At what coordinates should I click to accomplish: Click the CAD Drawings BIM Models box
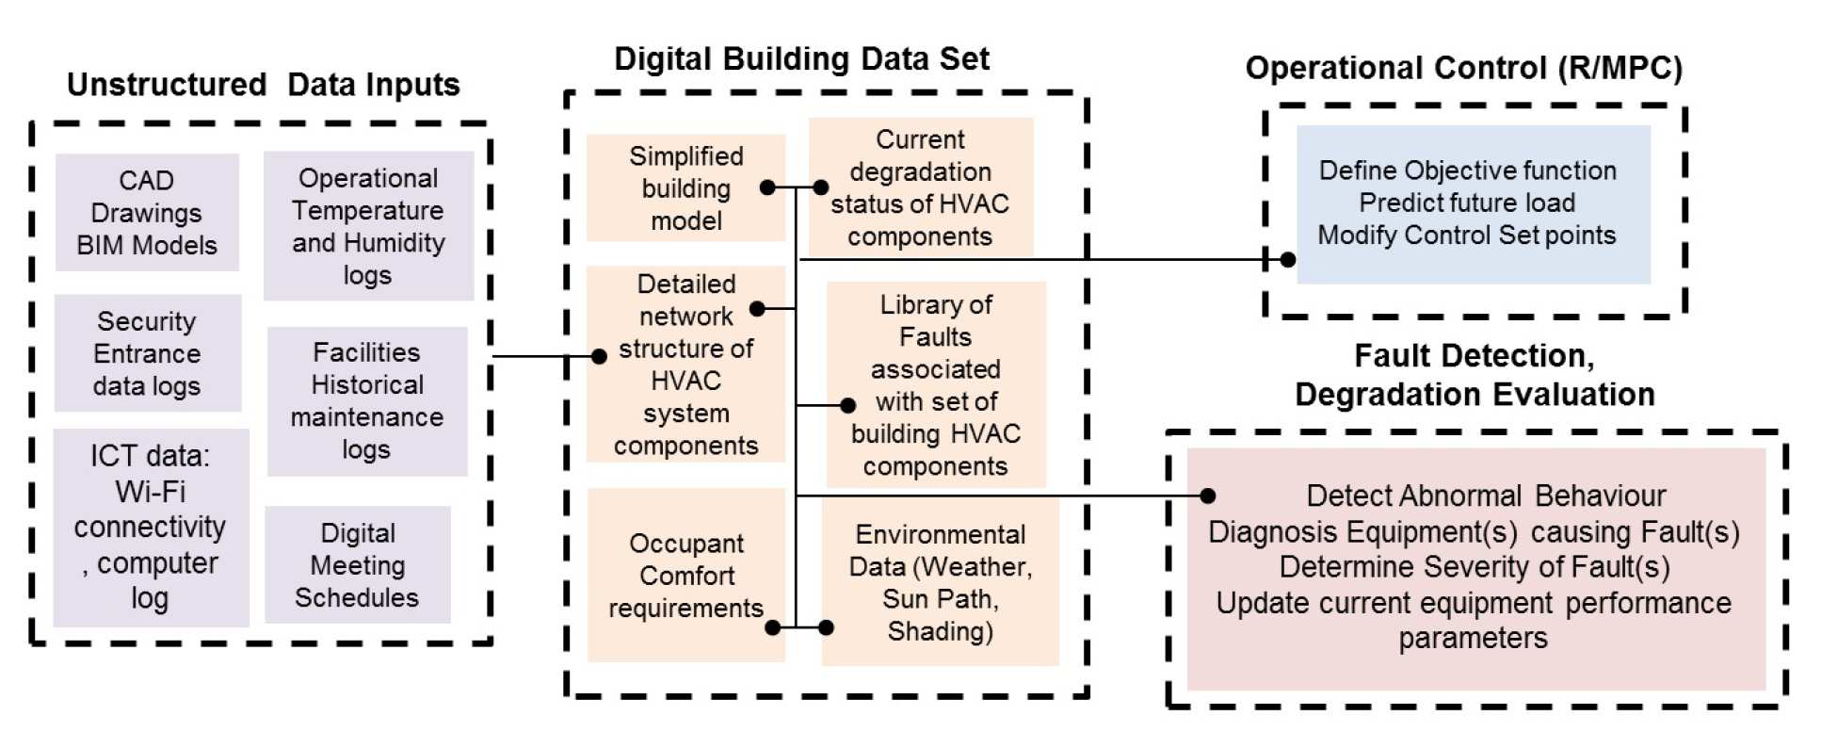(147, 213)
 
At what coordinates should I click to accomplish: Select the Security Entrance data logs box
(147, 353)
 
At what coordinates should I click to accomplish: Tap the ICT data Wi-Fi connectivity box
(151, 528)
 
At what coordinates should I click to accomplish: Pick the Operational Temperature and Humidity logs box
(368, 226)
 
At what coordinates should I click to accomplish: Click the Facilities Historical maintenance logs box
(367, 401)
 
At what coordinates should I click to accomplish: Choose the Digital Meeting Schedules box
(358, 565)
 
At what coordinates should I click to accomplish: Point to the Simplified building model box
(685, 188)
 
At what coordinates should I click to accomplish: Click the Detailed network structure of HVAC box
(685, 365)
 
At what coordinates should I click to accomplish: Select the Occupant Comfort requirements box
(685, 575)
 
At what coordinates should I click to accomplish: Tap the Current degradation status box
(920, 187)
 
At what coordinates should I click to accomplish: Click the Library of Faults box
(936, 384)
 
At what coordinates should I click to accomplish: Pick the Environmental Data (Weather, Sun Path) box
(940, 582)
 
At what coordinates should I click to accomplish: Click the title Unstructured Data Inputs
(263, 85)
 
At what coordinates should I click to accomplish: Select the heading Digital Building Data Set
(801, 58)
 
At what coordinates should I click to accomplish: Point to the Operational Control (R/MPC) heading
(1463, 68)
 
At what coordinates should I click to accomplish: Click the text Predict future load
(1467, 203)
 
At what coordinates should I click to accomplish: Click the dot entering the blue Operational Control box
(1287, 259)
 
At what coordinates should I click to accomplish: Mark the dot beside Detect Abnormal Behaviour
(1208, 496)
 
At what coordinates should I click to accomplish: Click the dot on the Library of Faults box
(847, 405)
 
